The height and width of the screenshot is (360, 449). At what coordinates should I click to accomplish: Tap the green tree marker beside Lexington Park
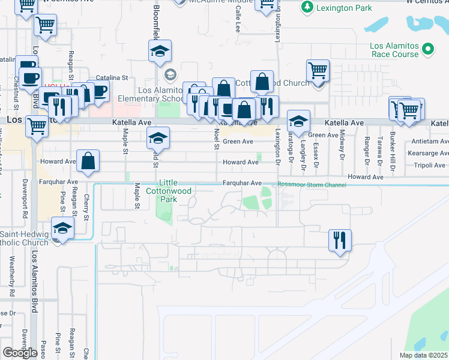(x=307, y=7)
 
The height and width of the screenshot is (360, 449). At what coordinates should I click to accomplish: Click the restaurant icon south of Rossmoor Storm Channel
(x=340, y=240)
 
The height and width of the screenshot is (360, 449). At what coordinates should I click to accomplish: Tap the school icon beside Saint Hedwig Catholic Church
(x=62, y=228)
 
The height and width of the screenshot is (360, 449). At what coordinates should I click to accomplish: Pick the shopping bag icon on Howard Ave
(x=88, y=161)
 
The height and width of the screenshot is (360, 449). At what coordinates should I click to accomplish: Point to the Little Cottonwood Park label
(x=167, y=190)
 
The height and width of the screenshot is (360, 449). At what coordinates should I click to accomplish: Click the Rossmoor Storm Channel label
(x=312, y=185)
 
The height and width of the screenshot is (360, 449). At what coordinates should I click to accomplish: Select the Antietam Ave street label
(x=430, y=142)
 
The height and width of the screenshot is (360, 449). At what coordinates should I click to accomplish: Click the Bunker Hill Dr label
(x=391, y=156)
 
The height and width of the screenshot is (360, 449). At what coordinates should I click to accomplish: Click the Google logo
(x=20, y=353)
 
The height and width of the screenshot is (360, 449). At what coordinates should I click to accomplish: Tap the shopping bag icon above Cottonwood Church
(x=262, y=81)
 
